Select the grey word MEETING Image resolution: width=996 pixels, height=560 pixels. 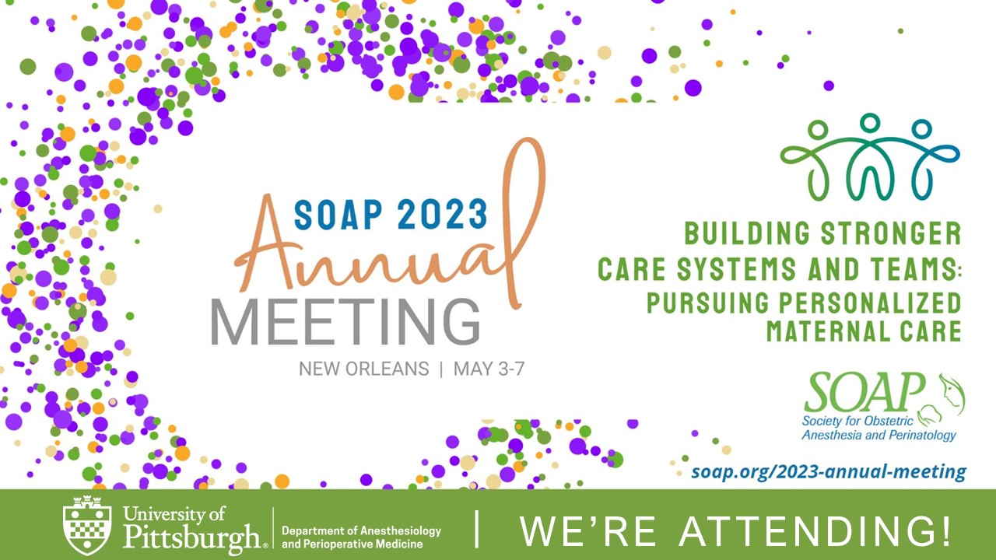coord(345,322)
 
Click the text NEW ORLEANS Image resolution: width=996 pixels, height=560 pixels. coord(363,369)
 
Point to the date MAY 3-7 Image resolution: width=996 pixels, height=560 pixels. coord(489,369)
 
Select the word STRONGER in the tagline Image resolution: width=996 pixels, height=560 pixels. coord(891,233)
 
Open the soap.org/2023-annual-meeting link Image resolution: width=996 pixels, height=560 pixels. coord(829,471)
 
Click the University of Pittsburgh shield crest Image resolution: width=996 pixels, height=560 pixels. coord(87,525)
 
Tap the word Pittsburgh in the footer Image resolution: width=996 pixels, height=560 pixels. coord(191,537)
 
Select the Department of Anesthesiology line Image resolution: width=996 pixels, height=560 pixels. coord(361,530)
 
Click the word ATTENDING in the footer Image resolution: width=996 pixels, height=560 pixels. coord(813,531)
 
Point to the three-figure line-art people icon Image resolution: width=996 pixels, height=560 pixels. coord(870,156)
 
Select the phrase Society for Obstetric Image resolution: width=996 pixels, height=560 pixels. coord(857,421)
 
